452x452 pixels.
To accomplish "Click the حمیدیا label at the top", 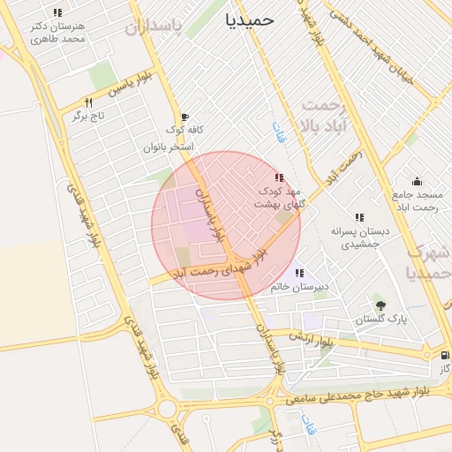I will coord(250,19).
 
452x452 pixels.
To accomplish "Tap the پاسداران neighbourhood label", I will coord(164,27).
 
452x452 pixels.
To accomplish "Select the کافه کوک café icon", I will coord(184,117).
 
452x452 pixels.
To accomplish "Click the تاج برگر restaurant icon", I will coord(88,102).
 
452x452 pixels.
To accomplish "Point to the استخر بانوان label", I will coord(169,147).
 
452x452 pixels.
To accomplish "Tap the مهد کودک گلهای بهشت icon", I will coord(279,177).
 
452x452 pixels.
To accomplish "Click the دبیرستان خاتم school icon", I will coord(299,273).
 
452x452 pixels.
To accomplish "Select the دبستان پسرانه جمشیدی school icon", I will coord(359,217).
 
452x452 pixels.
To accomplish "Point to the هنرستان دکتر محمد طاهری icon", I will coord(57,13).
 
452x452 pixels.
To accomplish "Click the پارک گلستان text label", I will coord(380,319).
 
